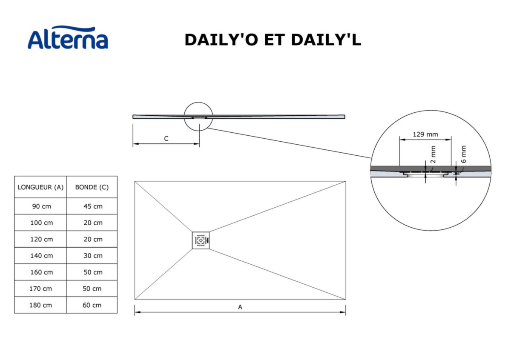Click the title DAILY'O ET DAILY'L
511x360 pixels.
[273, 40]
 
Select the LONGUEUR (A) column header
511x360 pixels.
[40, 187]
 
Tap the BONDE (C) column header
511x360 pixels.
[92, 187]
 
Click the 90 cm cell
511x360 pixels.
[40, 206]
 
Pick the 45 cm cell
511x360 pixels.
[92, 206]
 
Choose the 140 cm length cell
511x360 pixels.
[40, 256]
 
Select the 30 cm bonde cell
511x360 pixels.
[92, 256]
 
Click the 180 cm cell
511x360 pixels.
[40, 305]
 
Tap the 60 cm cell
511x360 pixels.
[92, 305]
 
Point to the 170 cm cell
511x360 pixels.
[40, 289]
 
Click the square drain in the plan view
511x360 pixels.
[201, 240]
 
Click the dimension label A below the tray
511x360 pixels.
[240, 307]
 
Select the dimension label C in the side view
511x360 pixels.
[166, 139]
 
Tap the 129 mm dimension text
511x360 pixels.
[425, 134]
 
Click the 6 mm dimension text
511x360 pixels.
[464, 154]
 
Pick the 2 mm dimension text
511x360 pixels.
[433, 154]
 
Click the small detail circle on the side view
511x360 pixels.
[198, 116]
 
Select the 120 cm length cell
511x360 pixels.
[40, 239]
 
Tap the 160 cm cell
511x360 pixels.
[40, 272]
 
